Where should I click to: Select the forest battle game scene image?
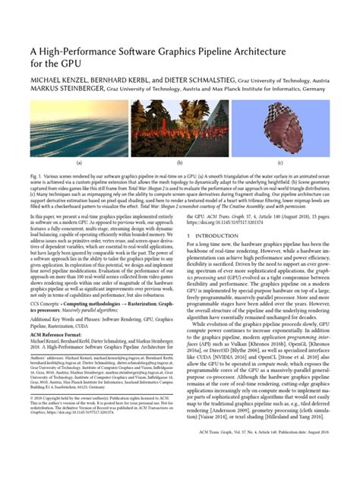(179, 129)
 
